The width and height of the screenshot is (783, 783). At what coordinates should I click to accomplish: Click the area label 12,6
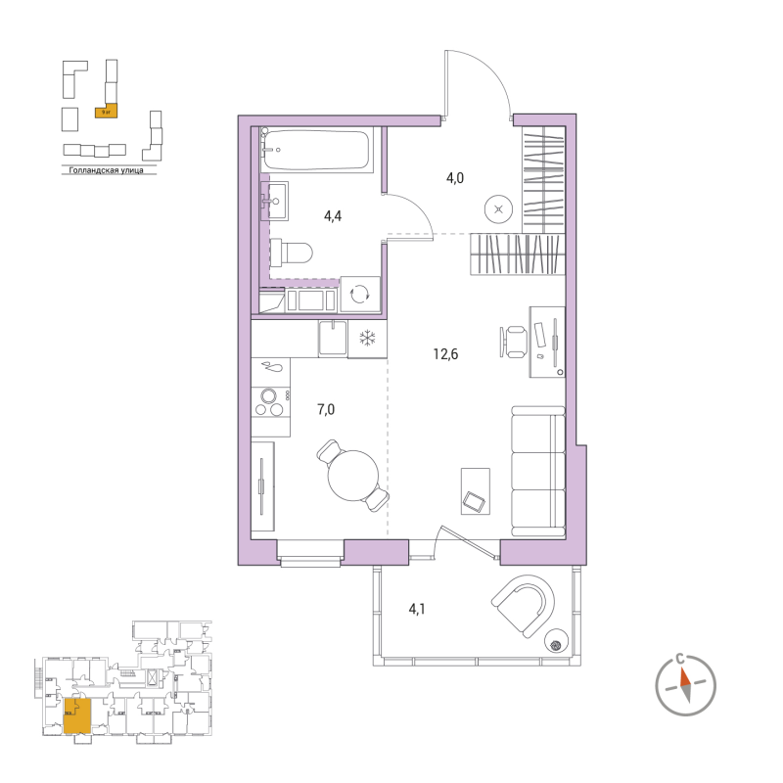446,354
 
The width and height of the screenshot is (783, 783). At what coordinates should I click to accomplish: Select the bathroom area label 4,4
332,216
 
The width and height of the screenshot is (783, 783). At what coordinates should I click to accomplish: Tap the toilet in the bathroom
291,253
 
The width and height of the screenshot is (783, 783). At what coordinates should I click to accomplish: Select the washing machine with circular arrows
359,294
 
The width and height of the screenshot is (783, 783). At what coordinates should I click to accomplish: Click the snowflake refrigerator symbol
368,340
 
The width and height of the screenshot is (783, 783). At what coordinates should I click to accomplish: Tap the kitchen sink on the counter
336,340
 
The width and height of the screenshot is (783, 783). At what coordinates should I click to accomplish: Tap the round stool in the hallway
499,207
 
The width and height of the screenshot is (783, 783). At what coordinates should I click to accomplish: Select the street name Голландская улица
101,171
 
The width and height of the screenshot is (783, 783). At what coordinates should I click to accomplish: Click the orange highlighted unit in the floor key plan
78,715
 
